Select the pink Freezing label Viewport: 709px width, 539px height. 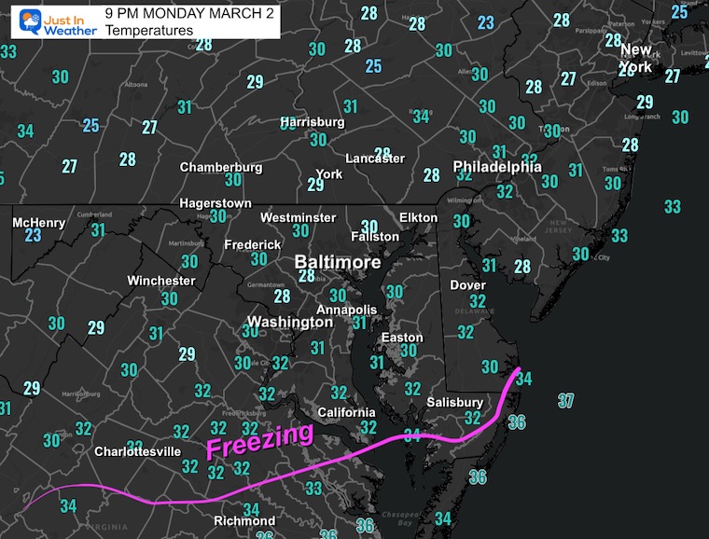coord(259,440)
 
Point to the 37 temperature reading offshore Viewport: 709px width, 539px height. coord(565,401)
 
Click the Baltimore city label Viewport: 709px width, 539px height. coord(338,263)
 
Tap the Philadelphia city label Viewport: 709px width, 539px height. coord(496,167)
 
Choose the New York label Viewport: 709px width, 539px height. coord(636,58)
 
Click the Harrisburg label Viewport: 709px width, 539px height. coord(313,122)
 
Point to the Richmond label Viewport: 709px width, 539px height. coord(245,520)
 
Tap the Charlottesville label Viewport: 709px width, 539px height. coord(137,451)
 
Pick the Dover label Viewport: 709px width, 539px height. coord(468,284)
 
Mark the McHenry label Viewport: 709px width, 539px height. coord(39,223)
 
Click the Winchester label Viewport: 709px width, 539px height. coord(161,281)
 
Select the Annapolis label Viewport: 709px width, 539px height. coord(347,310)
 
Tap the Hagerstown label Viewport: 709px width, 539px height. coord(215,203)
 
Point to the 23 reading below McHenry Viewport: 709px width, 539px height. coord(33,236)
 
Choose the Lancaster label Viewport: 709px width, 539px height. coord(375,159)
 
